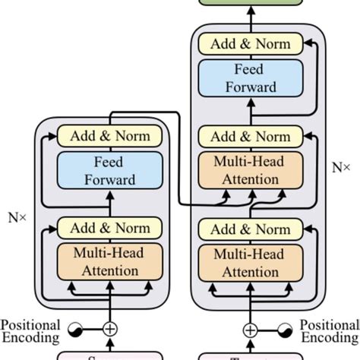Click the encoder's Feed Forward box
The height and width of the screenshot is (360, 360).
click(110, 170)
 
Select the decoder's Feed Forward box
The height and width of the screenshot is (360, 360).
click(251, 77)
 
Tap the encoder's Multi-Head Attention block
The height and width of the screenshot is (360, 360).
click(110, 261)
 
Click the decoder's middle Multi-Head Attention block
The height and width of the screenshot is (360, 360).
click(251, 170)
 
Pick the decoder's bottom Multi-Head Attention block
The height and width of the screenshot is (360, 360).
click(251, 261)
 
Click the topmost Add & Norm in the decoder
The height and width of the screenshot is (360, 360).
click(251, 43)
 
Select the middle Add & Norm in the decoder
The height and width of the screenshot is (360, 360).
click(251, 137)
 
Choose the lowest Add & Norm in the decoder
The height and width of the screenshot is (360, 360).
click(251, 229)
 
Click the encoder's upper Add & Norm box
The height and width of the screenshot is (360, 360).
click(110, 137)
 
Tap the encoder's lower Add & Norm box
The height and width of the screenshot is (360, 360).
click(110, 229)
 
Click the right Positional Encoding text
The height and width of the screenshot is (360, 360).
click(330, 332)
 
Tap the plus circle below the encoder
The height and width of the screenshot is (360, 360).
click(110, 330)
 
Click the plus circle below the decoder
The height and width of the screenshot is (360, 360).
click(251, 330)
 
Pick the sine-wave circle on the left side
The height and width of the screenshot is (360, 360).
click(75, 330)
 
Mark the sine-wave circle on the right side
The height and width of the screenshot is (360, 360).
click(285, 330)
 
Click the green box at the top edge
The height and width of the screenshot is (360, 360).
click(251, 4)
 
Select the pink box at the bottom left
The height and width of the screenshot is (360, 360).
click(110, 355)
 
